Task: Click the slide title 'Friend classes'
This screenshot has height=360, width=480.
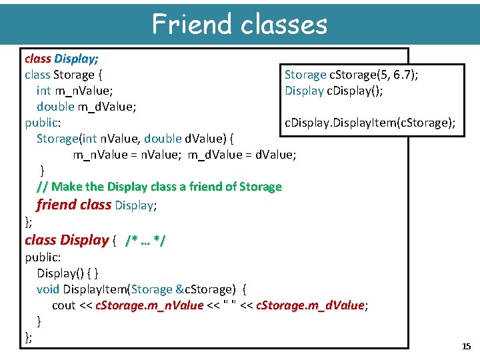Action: pos(239,24)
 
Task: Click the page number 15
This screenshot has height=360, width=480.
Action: pos(466,346)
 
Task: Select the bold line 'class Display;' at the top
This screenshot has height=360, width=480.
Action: pos(61,59)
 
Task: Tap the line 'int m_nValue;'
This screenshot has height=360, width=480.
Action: pos(75,91)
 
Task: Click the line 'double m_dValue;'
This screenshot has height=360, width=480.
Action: pos(87,107)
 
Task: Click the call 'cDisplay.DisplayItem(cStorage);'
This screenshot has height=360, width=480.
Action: pos(370,123)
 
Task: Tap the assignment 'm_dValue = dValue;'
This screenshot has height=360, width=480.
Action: pos(242,155)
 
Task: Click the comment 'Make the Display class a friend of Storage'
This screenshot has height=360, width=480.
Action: pos(167,187)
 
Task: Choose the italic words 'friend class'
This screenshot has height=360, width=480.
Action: pos(74,205)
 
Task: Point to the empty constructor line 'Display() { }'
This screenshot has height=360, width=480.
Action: pos(68,273)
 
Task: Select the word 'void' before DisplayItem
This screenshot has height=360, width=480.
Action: pos(48,289)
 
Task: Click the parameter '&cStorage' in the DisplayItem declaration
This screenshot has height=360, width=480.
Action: pos(205,289)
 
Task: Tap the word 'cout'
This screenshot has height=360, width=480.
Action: pos(64,305)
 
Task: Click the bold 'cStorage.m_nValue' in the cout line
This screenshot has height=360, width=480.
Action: pos(149,305)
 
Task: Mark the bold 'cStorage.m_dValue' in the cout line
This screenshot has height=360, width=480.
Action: pos(310,305)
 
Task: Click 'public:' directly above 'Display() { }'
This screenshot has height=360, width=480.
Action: pos(43,257)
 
